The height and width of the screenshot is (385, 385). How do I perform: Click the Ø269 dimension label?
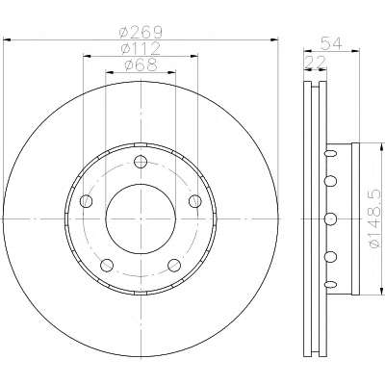[141, 32]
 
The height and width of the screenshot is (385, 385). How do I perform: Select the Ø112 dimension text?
[141, 49]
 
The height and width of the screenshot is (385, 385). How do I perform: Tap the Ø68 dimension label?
[141, 65]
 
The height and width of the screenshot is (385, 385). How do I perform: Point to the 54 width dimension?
[331, 43]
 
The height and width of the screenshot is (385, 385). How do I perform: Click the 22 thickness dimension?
[315, 62]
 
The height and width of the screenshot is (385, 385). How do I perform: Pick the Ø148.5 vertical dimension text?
[375, 218]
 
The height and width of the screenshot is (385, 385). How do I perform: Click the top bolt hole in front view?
[141, 162]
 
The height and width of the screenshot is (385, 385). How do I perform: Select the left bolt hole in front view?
[86, 201]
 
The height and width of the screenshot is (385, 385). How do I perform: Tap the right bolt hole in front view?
[195, 201]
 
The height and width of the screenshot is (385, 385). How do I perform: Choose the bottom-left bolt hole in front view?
[107, 266]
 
